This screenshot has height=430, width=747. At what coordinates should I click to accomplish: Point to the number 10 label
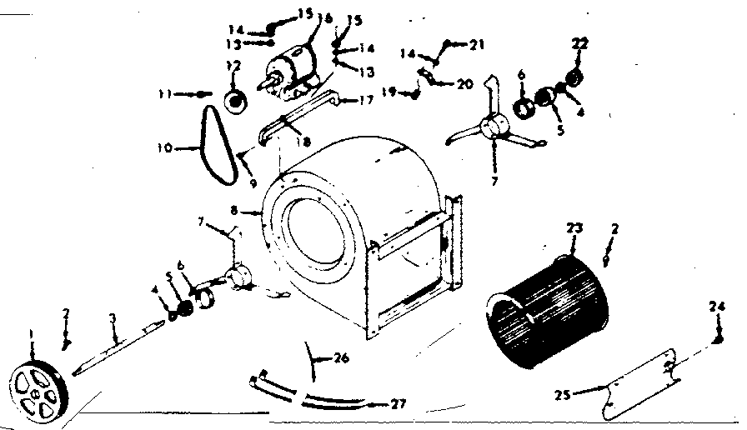[x=163, y=148]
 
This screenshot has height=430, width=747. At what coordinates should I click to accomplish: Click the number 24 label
[x=716, y=305]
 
